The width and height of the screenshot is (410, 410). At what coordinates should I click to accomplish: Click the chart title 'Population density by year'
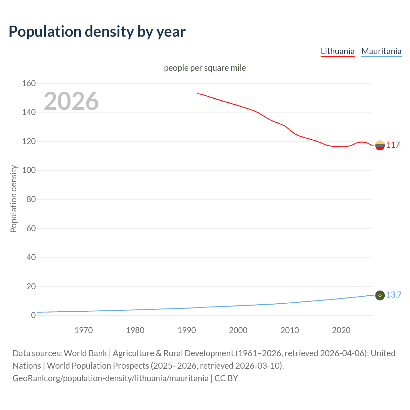tap(97, 32)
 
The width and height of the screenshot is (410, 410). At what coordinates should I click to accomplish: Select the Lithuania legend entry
tap(338, 51)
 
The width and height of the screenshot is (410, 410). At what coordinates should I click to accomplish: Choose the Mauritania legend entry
tap(381, 51)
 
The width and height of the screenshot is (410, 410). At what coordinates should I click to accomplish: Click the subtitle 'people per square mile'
tap(205, 68)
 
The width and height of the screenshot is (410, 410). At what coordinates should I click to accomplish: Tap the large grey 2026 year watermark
tap(71, 101)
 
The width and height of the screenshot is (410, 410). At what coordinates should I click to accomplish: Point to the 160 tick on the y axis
tap(29, 83)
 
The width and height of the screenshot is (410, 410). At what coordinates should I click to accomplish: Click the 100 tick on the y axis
tap(29, 170)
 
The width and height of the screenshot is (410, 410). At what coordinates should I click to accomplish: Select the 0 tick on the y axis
tap(33, 316)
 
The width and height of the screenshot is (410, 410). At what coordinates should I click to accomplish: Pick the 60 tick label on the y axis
tap(31, 228)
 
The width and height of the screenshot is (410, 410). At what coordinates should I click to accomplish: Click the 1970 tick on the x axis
tap(84, 330)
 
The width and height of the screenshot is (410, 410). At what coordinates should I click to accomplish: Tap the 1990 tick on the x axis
tap(187, 330)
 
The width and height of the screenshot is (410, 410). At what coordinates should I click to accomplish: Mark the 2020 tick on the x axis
tap(341, 330)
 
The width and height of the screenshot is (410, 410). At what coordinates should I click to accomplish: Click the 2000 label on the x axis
tap(238, 330)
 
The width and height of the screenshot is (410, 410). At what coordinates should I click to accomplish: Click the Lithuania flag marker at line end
tap(380, 145)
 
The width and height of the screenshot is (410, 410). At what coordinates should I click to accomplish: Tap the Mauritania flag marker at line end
tap(380, 295)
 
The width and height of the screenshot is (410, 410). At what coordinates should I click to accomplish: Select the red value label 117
tap(393, 145)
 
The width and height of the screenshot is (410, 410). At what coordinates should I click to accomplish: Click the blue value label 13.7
tap(394, 295)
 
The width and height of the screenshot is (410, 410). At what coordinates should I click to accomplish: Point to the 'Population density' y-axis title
tap(13, 199)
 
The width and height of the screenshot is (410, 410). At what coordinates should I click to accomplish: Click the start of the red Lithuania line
tap(197, 94)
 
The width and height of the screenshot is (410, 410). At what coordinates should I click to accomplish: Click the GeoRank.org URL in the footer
tap(111, 378)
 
